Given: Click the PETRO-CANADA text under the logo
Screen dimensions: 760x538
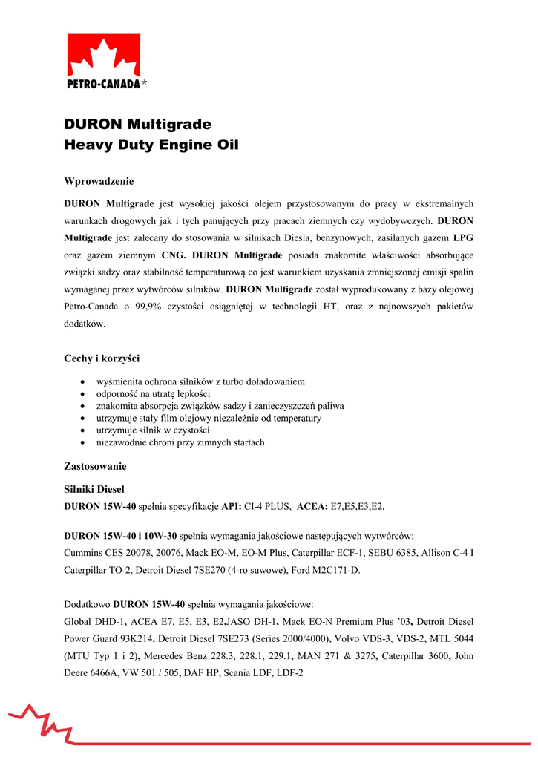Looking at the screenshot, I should coord(102,84).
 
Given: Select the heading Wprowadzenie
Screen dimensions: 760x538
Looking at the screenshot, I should coord(99,180).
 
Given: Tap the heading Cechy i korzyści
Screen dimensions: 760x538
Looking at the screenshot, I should coord(102,358).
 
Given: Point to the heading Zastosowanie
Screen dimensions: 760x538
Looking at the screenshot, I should coord(96,467).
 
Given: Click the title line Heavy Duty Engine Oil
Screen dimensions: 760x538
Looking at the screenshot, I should coord(151,145).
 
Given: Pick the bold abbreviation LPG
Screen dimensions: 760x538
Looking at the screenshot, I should coord(463,237).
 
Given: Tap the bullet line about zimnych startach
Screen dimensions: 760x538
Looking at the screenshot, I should coord(180,442).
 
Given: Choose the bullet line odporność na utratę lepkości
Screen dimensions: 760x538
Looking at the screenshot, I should coord(154,393).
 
